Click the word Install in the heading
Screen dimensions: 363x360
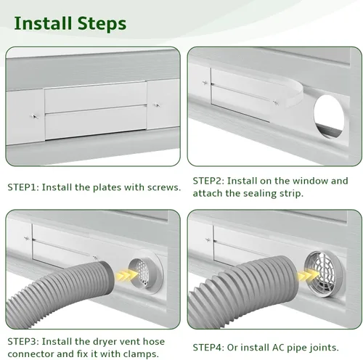(x=43, y=23)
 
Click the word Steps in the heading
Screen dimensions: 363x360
(x=102, y=24)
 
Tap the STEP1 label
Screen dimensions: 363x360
(x=23, y=187)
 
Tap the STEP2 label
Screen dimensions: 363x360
(x=208, y=181)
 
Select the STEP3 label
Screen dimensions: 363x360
(x=23, y=342)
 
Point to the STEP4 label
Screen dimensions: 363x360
(x=208, y=348)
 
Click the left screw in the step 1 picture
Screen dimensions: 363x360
(x=34, y=116)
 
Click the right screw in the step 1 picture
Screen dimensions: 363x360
(x=157, y=105)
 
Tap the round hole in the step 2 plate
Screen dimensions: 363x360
(x=329, y=117)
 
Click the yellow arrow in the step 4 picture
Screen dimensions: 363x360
(x=308, y=275)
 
